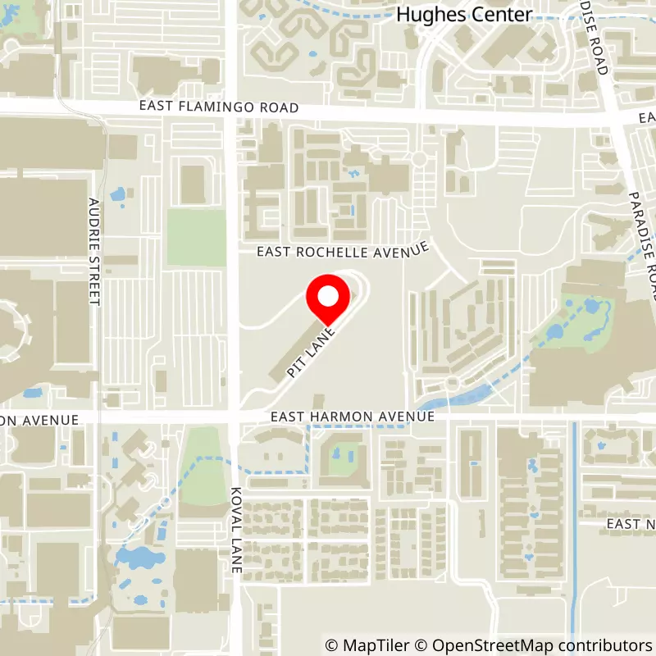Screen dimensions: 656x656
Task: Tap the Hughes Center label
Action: coord(463,14)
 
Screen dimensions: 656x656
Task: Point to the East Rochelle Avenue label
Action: coord(342,249)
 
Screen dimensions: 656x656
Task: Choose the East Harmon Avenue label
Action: coord(353,417)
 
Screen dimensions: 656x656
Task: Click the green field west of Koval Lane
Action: coord(196,238)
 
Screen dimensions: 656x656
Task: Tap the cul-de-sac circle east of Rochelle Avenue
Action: coord(421,157)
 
